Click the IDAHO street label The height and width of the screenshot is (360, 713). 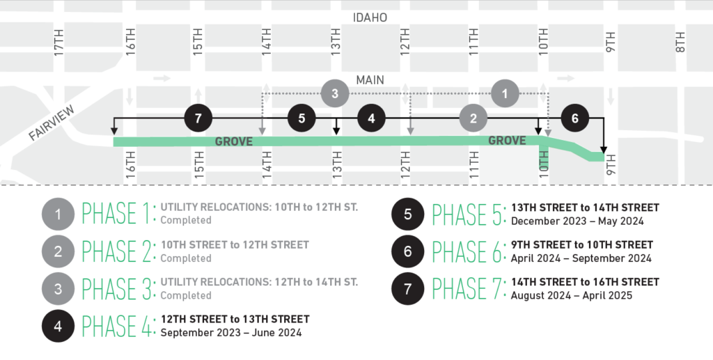click(370, 17)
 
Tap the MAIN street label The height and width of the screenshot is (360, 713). click(370, 80)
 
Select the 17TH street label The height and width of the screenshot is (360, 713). click(59, 44)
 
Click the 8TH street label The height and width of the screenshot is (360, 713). click(680, 42)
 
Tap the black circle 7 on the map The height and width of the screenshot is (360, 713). click(198, 118)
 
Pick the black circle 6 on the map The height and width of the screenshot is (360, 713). click(574, 118)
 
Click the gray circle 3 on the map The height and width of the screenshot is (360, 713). click(335, 93)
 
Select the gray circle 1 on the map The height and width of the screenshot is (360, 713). click(505, 93)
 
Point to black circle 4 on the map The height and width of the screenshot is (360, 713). click(371, 118)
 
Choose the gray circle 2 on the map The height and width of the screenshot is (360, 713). click(473, 118)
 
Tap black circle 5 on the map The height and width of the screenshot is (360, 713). click(301, 118)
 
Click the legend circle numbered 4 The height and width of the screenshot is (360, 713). click(58, 326)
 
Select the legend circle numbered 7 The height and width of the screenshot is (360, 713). click(407, 288)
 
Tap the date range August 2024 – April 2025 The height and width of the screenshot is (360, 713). click(572, 295)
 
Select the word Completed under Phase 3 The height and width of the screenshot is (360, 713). click(186, 295)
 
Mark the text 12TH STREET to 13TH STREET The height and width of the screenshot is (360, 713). click(235, 319)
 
